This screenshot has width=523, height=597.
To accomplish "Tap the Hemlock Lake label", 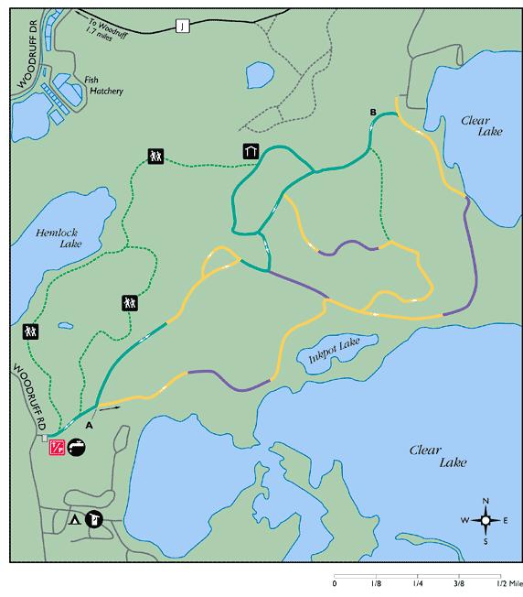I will click(58, 238).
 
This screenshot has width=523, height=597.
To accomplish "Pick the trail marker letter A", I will click(89, 425).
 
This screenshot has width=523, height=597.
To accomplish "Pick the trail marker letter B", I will click(372, 113).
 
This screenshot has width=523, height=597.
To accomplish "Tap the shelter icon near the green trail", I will click(250, 151).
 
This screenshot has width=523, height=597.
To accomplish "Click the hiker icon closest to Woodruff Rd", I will click(31, 331).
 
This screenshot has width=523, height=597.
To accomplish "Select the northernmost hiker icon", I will click(154, 157).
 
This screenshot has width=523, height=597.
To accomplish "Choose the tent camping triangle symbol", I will click(74, 520).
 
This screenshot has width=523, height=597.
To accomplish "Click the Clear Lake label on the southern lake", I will click(426, 455).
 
